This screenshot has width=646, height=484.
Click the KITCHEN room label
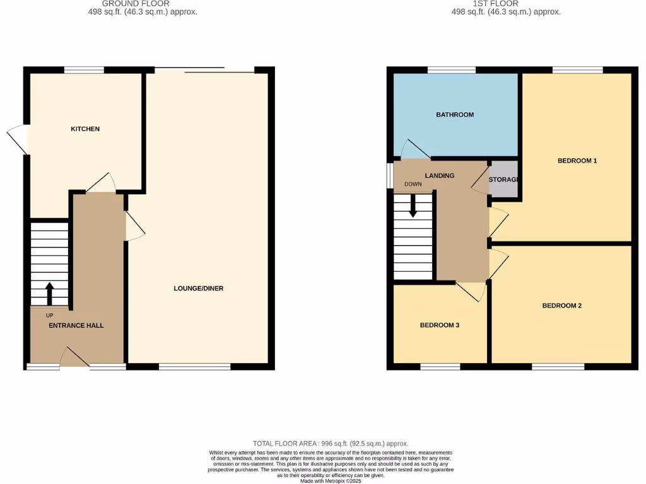click(x=85, y=129)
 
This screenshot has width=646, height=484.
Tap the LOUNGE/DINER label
click(x=199, y=289)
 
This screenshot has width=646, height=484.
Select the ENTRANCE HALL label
click(x=76, y=326)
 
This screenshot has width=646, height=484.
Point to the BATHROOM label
click(x=455, y=115)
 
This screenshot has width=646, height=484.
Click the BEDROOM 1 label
click(x=577, y=161)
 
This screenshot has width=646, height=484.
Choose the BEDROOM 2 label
click(x=562, y=306)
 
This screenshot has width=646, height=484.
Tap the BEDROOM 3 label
click(x=440, y=325)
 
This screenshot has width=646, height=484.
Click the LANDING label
click(x=440, y=176)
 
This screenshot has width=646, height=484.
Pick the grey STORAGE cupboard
click(x=504, y=180)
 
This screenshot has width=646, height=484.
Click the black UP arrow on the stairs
click(x=49, y=293)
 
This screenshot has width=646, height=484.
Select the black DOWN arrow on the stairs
click(x=413, y=206)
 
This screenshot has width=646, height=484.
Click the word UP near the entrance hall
click(x=49, y=315)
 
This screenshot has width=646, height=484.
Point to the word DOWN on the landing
click(x=413, y=185)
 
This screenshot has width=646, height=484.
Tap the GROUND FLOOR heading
click(x=136, y=4)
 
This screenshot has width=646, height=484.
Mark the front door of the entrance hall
click(x=75, y=359)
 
